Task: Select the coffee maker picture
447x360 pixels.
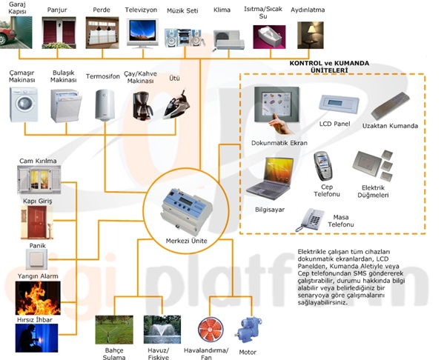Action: [142, 104]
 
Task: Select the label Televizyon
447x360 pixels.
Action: [142, 11]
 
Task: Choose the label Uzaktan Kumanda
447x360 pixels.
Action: [391, 126]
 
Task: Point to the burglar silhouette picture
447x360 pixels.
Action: [36, 337]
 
